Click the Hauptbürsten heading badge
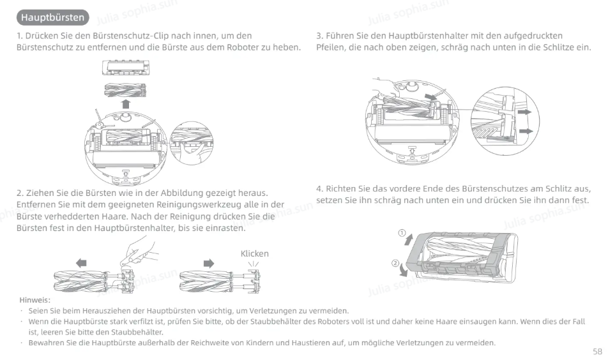(x=53, y=17)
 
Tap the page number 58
(x=597, y=352)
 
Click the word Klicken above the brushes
(x=254, y=253)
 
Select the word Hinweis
(x=34, y=300)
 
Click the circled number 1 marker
(x=402, y=233)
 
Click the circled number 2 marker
(x=395, y=263)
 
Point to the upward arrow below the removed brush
(x=125, y=104)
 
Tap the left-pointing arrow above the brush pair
(x=81, y=263)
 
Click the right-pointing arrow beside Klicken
(x=209, y=264)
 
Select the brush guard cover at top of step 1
(x=125, y=68)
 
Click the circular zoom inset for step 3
(x=505, y=121)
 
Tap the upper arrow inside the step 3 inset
(x=524, y=112)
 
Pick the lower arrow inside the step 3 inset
(x=526, y=131)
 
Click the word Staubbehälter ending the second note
(x=137, y=332)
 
